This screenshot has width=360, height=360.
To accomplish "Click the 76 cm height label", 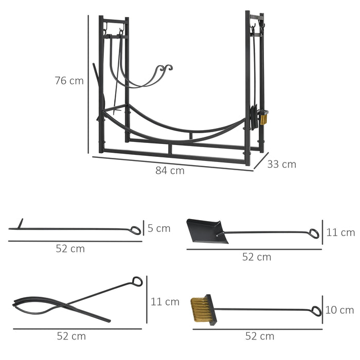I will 69,81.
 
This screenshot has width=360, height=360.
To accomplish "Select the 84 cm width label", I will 170,171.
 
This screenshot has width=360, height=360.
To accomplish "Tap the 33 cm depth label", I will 282,165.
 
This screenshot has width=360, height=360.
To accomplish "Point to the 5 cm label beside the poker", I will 158,228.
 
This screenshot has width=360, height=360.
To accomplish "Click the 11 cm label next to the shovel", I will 340,232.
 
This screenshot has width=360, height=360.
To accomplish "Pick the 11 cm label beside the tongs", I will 165,301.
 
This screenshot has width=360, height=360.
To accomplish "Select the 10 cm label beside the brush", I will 340,310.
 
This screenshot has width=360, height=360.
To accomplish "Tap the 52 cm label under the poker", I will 70,248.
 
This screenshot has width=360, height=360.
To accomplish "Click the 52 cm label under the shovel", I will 257,257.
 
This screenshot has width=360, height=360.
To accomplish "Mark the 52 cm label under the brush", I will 260,336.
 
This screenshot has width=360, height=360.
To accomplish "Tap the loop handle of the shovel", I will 313,234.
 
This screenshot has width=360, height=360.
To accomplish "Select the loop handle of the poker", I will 135,230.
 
